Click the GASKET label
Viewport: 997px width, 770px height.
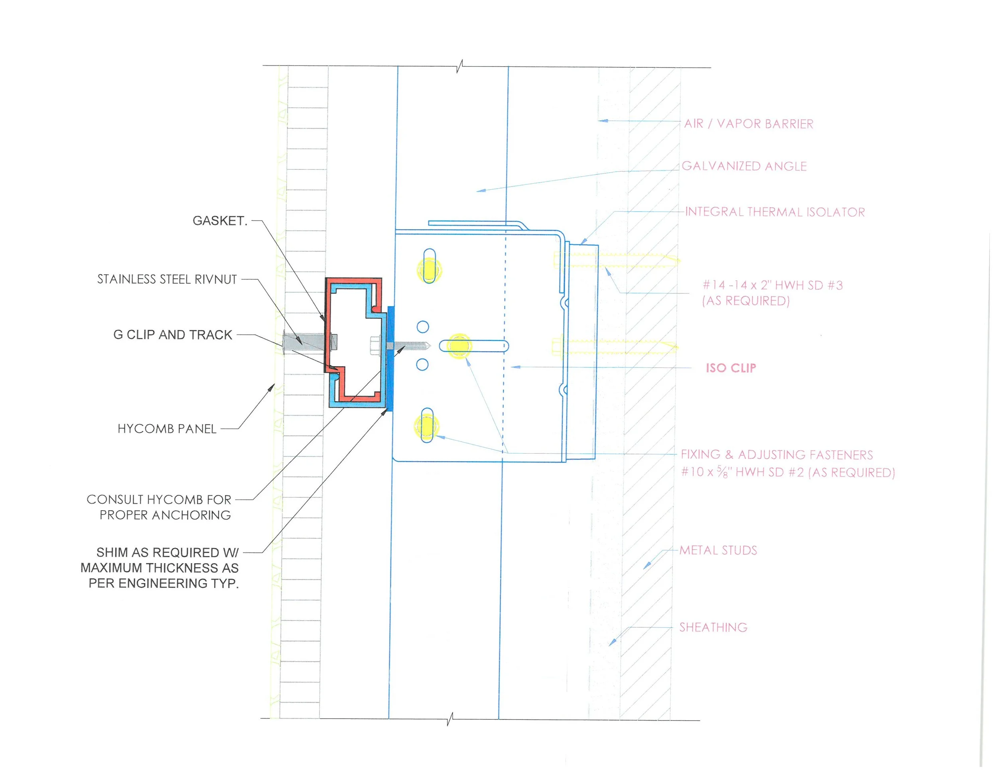pos(220,221)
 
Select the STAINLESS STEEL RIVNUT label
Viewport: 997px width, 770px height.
pos(167,279)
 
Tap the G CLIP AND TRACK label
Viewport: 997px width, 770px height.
pos(173,335)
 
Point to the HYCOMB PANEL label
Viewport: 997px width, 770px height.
pos(167,429)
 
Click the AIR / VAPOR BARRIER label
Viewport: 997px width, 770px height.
pos(749,124)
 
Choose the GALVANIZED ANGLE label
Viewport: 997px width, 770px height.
pos(744,167)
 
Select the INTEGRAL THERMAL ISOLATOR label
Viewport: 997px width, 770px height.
pos(775,212)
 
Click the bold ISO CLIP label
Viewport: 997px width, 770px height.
pos(731,368)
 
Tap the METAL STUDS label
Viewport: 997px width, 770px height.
pos(718,550)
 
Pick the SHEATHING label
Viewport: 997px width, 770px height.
pos(713,628)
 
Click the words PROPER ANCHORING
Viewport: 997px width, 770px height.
pos(165,515)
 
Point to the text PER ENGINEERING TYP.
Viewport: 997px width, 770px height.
pos(164,583)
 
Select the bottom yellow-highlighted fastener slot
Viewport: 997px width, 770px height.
pos(427,426)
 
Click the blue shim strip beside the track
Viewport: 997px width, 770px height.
pos(391,358)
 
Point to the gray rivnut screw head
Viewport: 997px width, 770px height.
pos(285,342)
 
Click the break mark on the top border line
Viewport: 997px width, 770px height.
pos(460,67)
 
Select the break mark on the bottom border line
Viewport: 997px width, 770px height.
pos(450,719)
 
